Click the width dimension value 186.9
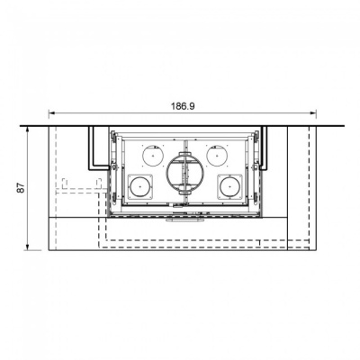click(x=183, y=106)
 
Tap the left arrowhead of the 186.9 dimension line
click(x=50, y=112)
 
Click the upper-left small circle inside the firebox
click(x=155, y=155)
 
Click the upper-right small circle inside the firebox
click(x=215, y=155)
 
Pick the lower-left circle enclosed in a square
click(x=139, y=186)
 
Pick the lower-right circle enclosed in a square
click(x=229, y=186)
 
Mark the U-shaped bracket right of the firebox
click(x=268, y=147)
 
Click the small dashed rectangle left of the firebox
click(x=68, y=186)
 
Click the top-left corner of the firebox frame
click(x=109, y=131)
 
